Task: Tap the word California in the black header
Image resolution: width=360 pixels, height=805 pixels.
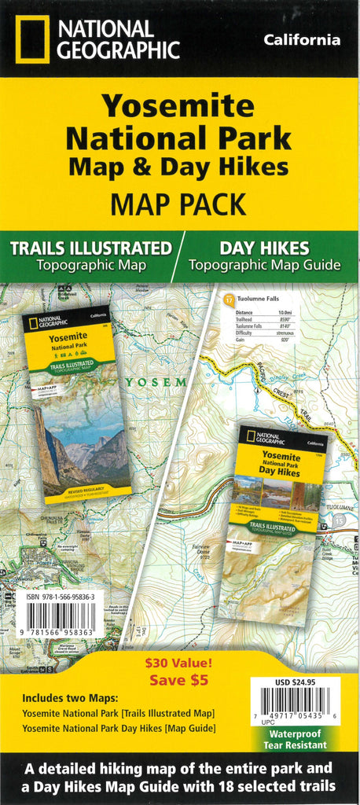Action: click(x=302, y=39)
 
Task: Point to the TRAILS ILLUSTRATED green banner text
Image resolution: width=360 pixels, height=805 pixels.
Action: click(x=90, y=248)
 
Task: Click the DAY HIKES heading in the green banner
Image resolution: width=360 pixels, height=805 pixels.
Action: click(x=263, y=248)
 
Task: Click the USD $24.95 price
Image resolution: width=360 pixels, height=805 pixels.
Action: click(x=296, y=683)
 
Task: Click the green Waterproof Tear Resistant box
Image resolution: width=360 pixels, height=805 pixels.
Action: click(x=296, y=738)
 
